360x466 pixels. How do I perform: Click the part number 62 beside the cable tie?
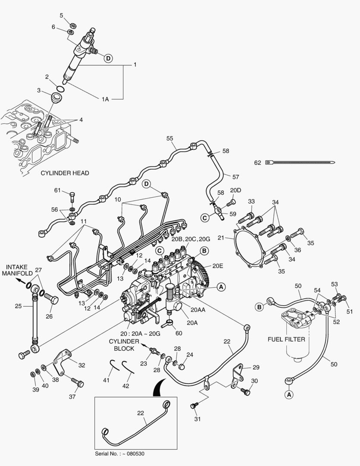tap(257, 163)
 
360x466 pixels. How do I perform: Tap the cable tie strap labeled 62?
tap(302, 163)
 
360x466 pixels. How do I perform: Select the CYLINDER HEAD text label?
tap(65, 173)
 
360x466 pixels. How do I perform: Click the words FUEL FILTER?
tap(286, 339)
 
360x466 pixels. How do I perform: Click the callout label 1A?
tap(105, 99)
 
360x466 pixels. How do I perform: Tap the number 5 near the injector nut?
tap(61, 16)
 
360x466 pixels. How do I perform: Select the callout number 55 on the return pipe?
tap(169, 138)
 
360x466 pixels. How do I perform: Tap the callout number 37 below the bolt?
tap(72, 397)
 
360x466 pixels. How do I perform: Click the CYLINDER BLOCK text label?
tap(124, 345)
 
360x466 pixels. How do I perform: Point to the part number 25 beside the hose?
tap(18, 306)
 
